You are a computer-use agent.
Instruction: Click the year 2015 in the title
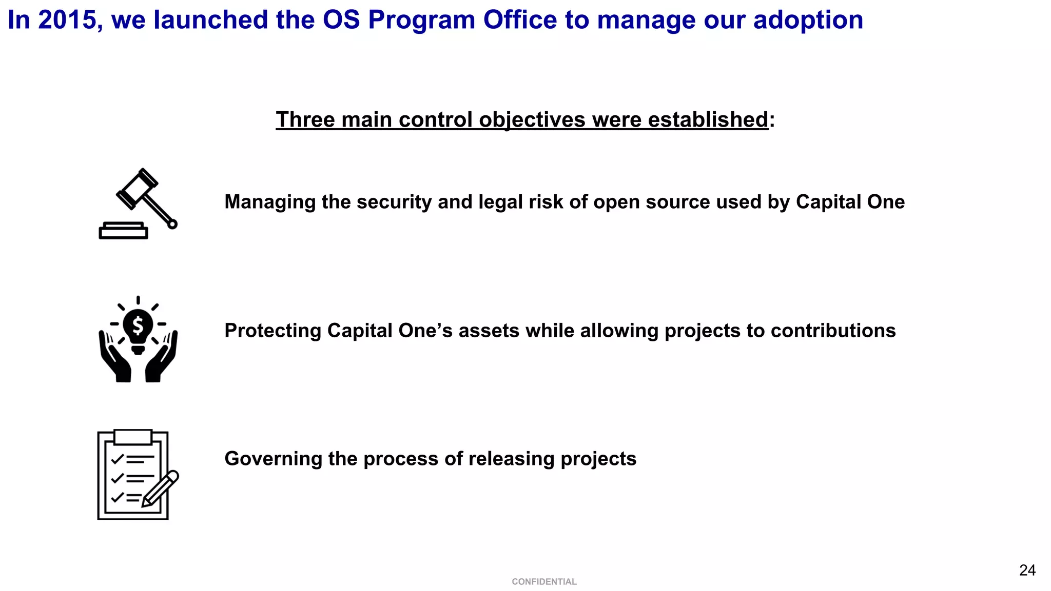(x=67, y=20)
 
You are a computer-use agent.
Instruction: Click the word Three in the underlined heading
(x=305, y=119)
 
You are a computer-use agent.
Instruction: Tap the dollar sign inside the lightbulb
(x=138, y=325)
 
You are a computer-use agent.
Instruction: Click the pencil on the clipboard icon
(x=161, y=488)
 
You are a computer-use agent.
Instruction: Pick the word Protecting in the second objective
(x=273, y=331)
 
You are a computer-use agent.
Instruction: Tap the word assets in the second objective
(x=489, y=331)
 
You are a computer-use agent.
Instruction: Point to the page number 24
(x=1027, y=570)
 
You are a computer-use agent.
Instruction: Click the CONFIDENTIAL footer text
(x=544, y=582)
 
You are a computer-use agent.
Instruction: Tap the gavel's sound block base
(x=123, y=231)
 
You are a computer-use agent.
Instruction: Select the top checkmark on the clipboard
(x=118, y=458)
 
